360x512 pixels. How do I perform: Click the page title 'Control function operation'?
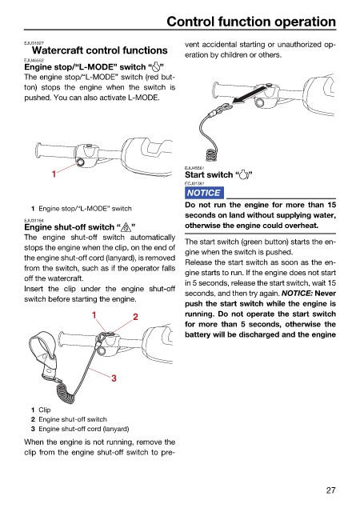coord(251,22)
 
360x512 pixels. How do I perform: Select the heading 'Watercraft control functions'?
coord(100,50)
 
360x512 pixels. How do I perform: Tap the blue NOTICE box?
coord(204,193)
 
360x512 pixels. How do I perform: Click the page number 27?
coord(330,490)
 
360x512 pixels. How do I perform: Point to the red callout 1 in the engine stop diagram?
coord(54,174)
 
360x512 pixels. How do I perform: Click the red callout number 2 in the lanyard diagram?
coord(135,317)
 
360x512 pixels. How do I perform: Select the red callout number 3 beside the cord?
coord(114,378)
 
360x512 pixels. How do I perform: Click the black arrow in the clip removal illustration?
coord(250,95)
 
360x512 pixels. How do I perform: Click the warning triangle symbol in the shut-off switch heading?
coord(126,227)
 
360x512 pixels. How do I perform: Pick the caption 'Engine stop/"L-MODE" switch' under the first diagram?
coord(85,208)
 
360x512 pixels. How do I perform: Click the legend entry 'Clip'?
coord(45,410)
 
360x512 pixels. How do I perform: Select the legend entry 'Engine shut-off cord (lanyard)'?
coord(84,429)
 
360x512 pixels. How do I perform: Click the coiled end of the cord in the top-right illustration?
coord(211,154)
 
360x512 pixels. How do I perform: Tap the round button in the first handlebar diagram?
coord(80,162)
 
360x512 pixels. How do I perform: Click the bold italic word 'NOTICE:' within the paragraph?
coord(297,294)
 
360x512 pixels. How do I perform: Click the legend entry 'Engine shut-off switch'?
coord(73,419)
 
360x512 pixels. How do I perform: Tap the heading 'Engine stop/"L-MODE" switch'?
coord(94,67)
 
